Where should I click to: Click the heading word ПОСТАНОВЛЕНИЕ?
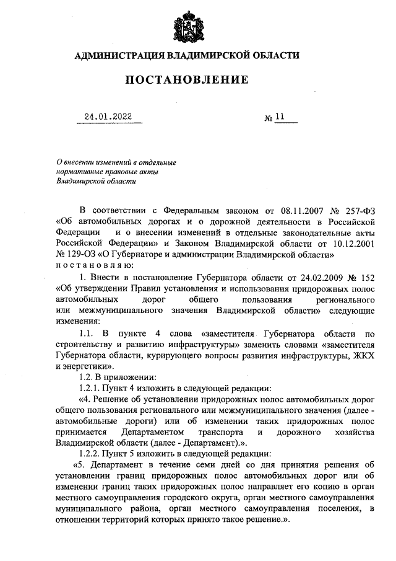(x=187, y=80)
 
